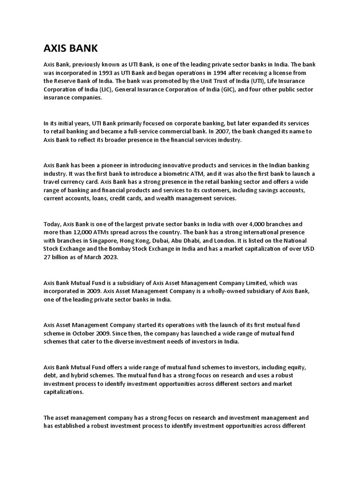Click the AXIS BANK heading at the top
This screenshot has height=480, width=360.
click(71, 49)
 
